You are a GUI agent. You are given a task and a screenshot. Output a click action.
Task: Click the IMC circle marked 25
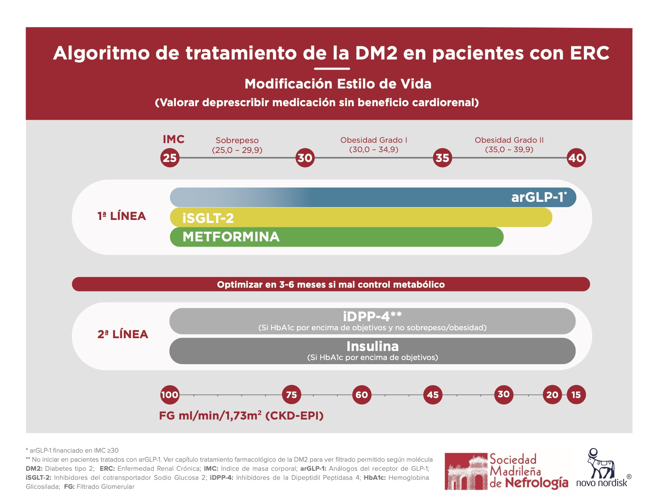coord(170,158)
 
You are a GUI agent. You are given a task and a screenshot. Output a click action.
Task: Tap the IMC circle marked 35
coord(442,158)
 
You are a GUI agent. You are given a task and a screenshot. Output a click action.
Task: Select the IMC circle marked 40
coord(576,158)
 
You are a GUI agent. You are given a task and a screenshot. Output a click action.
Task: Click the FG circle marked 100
coord(170,395)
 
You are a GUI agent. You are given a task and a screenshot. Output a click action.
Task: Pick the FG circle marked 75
coord(291,395)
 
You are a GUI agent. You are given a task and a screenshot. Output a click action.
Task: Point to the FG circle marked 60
coord(362,395)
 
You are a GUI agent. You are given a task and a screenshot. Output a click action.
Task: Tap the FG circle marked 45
coord(433,395)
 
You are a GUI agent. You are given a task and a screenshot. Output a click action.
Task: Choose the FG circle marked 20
coord(552,395)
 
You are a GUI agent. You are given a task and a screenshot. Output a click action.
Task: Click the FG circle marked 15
coord(576,395)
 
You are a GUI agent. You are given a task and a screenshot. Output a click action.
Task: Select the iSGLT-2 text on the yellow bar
coord(208,218)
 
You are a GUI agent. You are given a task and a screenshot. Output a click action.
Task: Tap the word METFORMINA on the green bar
coord(231,237)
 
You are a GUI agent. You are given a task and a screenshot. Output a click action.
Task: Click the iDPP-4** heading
coord(372,316)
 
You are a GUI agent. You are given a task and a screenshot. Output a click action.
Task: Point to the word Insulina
coord(372,346)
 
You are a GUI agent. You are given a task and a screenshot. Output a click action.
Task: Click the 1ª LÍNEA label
coord(121,216)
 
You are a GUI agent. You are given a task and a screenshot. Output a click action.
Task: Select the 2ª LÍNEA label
coord(123,334)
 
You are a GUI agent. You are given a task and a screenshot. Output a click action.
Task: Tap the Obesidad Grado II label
coord(509,140)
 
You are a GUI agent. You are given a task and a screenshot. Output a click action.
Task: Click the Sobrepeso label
coord(237,140)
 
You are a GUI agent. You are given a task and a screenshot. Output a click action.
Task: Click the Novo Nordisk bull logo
coord(601,464)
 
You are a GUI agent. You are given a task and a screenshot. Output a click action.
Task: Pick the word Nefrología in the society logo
coord(536,482)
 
